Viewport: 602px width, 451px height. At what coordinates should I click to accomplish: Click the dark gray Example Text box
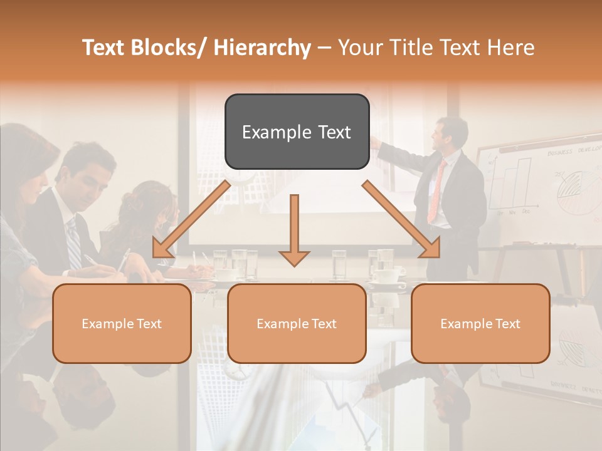coord(297,132)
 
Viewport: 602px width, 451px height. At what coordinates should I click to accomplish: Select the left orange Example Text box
coord(122,323)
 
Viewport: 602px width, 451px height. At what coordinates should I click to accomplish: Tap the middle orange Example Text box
coord(297,323)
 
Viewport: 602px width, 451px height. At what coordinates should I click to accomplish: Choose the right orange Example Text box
coord(480,323)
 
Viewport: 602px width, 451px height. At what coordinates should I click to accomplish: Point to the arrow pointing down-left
coord(191,219)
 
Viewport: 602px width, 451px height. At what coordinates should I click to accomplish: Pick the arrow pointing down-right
coord(401,219)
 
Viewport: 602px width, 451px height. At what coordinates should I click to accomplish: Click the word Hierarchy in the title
coord(262,48)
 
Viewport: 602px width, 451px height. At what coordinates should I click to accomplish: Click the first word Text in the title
coord(105,48)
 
